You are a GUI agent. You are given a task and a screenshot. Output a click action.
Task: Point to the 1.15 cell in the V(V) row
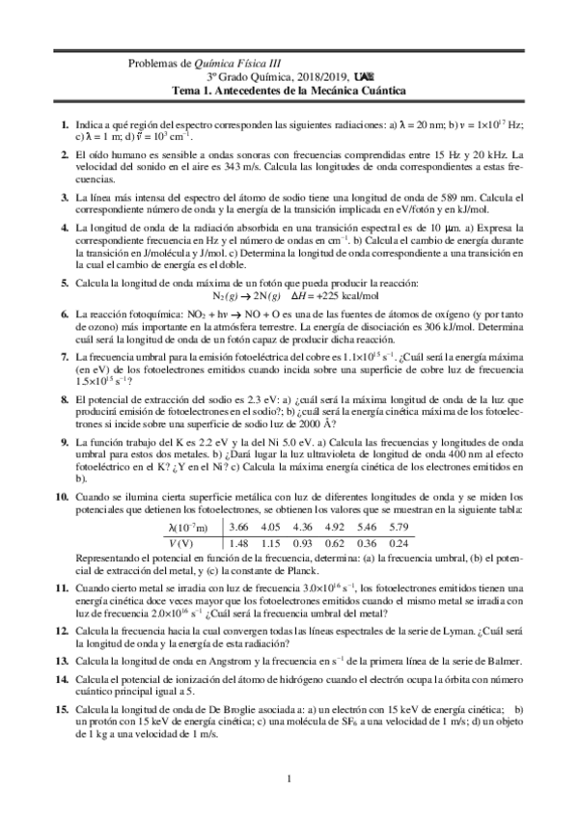click(x=271, y=544)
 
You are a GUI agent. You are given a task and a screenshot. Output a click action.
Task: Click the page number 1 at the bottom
click(x=289, y=779)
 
